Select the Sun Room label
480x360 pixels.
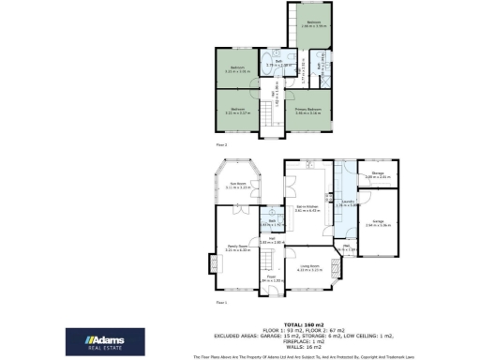[235, 186]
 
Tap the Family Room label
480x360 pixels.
[236, 247]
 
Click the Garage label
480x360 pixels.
[378, 224]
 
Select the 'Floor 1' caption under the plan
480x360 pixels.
[222, 303]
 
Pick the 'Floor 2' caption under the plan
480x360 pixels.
[222, 146]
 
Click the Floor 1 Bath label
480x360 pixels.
[268, 223]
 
